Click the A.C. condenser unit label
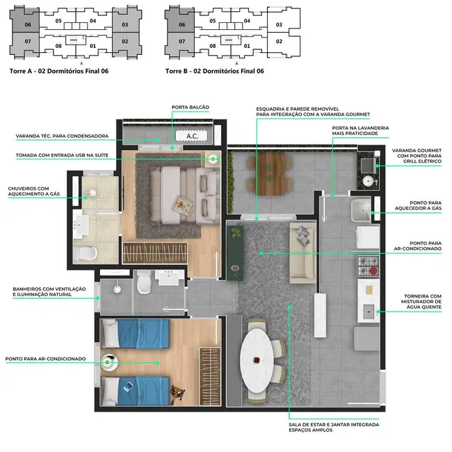192,137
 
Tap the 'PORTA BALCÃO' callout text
190,107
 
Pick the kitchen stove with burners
368,264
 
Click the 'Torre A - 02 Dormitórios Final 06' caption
58,71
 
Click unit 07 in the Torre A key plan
28,42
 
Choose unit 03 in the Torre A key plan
124,25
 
